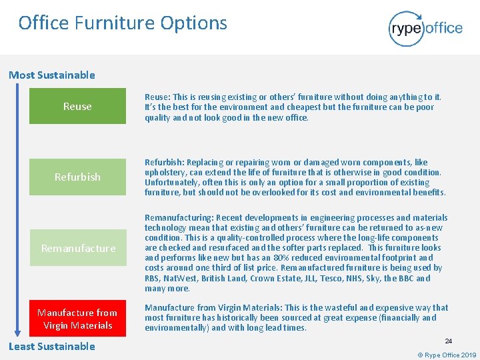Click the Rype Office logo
pyautogui.click(x=425, y=28)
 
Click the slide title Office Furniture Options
pyautogui.click(x=123, y=23)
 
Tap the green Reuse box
pyautogui.click(x=77, y=106)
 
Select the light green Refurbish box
pyautogui.click(x=77, y=177)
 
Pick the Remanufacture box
pyautogui.click(x=77, y=248)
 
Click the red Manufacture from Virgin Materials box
pyautogui.click(x=77, y=319)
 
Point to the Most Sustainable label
pyautogui.click(x=52, y=75)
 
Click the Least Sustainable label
pyautogui.click(x=52, y=346)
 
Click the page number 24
pyautogui.click(x=449, y=341)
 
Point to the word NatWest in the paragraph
pyautogui.click(x=177, y=278)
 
